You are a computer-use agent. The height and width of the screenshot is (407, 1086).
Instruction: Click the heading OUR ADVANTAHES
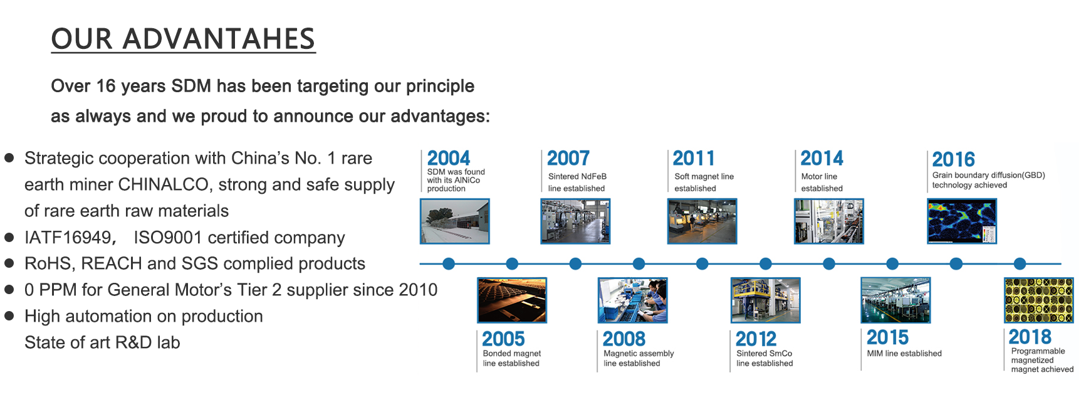coord(183,39)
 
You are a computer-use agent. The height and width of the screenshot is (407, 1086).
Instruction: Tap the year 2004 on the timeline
coord(449,158)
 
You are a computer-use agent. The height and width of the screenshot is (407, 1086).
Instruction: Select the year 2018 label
coord(1030,337)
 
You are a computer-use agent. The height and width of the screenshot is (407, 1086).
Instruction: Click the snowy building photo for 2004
coord(454,221)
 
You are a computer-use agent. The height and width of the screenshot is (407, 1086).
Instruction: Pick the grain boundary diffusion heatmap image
coord(962,221)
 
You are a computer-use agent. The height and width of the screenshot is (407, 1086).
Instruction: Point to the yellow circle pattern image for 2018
coord(1038,300)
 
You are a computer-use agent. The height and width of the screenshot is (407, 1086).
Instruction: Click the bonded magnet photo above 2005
coord(512,300)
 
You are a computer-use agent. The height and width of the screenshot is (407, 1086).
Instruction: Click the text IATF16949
coord(68,238)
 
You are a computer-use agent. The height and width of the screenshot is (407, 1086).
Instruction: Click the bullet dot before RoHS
coord(9,263)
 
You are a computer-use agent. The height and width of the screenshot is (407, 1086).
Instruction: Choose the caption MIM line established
coord(904,354)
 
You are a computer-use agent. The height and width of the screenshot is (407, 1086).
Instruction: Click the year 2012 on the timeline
coord(756,339)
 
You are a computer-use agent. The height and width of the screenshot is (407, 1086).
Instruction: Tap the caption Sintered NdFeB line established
coord(577,182)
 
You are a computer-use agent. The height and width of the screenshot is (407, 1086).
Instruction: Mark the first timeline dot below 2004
coord(449,264)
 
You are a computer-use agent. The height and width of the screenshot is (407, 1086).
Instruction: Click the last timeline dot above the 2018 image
coord(1020,264)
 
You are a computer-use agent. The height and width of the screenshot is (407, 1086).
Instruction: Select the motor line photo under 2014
coord(829,221)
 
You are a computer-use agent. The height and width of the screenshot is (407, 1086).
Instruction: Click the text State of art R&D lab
coord(102,342)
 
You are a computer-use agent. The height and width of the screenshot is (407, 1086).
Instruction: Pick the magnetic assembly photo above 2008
coord(632,300)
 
